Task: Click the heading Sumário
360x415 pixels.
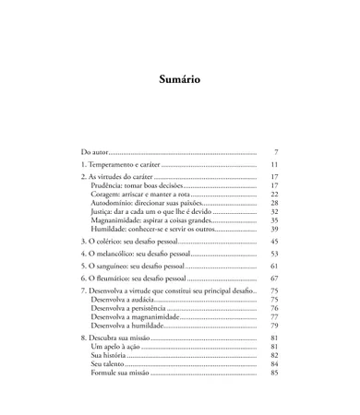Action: tap(180, 79)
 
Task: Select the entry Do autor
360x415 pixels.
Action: tap(94, 151)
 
